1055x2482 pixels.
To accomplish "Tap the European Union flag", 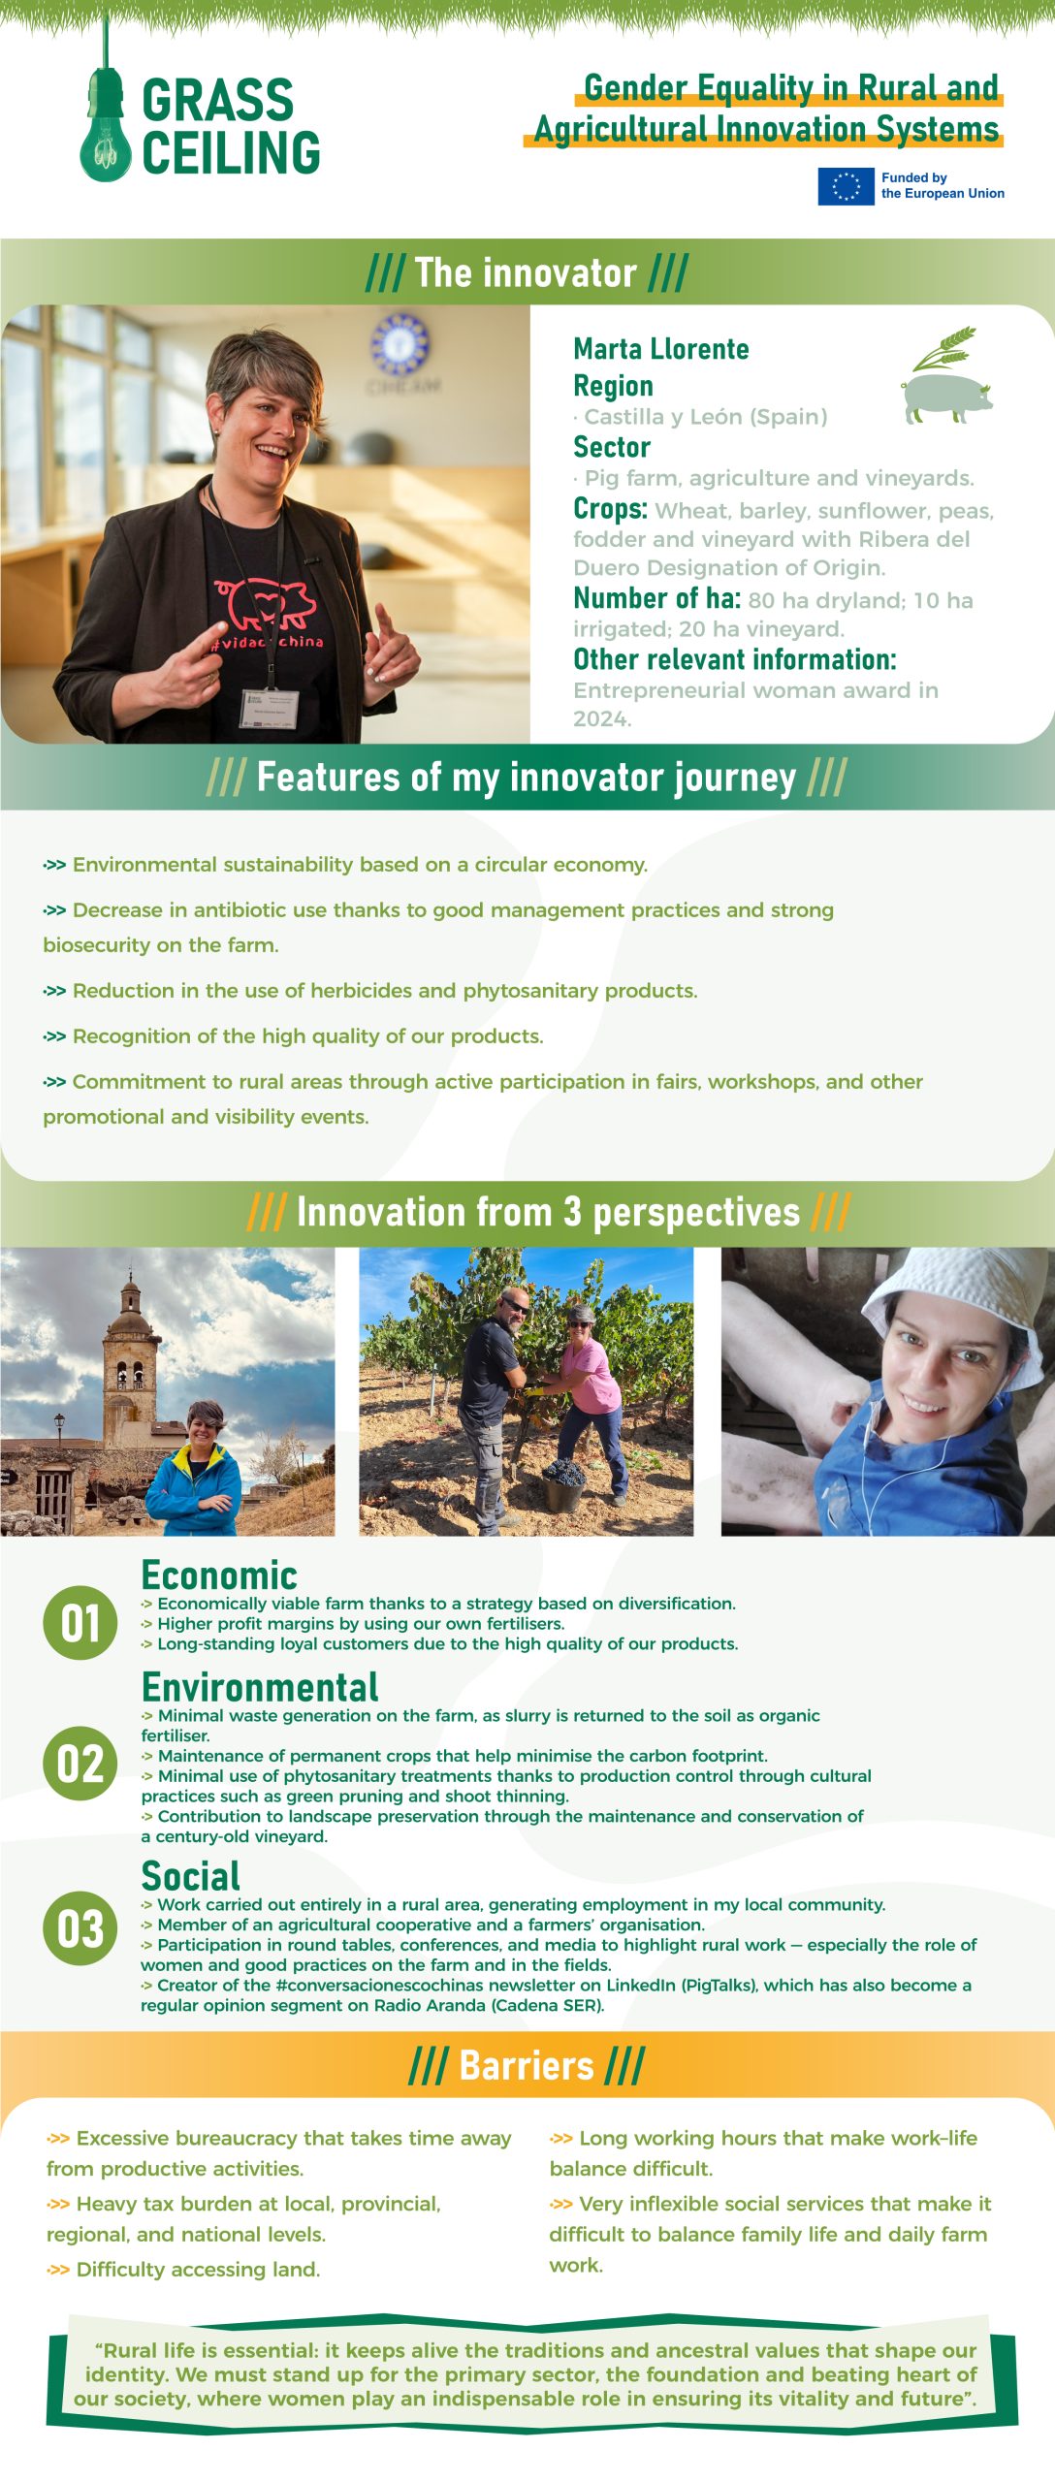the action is pos(846,186).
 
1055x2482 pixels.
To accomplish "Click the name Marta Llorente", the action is pos(660,349).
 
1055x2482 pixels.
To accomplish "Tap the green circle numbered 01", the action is pos(80,1623).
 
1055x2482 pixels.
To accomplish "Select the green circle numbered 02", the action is pos(80,1764).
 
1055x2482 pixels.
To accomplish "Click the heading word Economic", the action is pos(219,1575).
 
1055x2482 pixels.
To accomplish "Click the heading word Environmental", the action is pos(260,1687).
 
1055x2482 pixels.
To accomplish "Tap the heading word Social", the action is pos(191,1876).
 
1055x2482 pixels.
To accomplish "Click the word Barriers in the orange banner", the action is pos(527,2065).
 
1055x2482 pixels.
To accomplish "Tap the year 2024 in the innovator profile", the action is pos(602,719).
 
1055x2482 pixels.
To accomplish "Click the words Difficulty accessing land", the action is pos(198,2270).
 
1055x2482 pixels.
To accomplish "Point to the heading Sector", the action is pos(612,447).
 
